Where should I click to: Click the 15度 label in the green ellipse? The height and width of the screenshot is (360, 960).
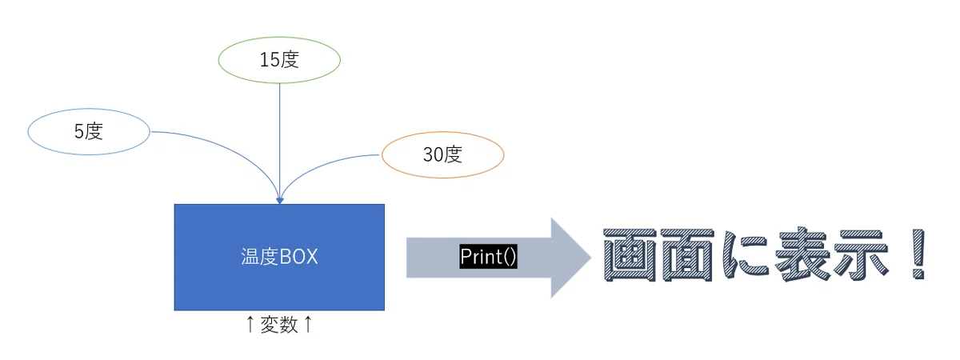[x=279, y=59]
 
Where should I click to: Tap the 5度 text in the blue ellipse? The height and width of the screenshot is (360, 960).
[x=89, y=131]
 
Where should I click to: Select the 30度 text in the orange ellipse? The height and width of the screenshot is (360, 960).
[x=442, y=154]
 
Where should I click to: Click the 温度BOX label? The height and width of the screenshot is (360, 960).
[x=279, y=257]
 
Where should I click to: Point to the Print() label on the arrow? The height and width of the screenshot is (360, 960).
[x=488, y=257]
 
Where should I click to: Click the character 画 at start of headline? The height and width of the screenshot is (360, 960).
[x=629, y=254]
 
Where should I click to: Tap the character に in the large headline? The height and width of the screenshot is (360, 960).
[x=745, y=254]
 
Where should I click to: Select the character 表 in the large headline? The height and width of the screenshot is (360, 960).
[x=801, y=254]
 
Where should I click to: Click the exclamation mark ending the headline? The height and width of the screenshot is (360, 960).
[x=918, y=254]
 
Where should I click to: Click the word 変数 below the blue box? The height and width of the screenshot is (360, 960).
[x=279, y=325]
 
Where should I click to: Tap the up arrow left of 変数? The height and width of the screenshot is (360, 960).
[x=250, y=325]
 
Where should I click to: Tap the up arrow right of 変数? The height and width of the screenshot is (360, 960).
[x=308, y=325]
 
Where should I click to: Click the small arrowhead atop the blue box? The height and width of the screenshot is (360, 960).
[x=279, y=201]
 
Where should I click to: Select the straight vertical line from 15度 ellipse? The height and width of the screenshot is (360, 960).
[x=280, y=141]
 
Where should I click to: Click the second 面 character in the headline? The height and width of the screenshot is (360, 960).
[x=687, y=254]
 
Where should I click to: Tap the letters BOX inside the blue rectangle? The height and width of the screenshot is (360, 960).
[x=298, y=257]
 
